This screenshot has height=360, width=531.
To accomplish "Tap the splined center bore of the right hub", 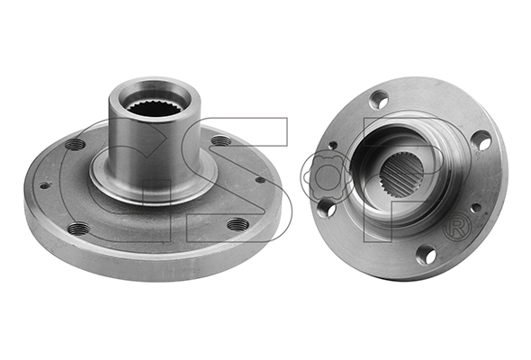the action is (x=402, y=175).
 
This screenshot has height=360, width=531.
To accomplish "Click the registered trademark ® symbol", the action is (x=457, y=230).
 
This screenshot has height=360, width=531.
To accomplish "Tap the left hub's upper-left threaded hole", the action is (x=76, y=145).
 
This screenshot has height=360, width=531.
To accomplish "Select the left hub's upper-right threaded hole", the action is (x=221, y=139).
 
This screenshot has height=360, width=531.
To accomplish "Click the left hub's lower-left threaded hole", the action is (x=79, y=229).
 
